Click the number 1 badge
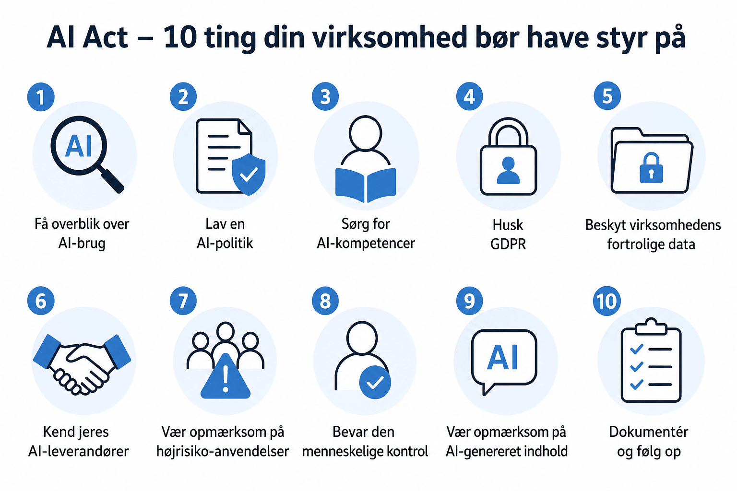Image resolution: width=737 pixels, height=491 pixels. point(41,97)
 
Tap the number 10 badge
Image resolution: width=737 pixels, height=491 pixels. point(606,301)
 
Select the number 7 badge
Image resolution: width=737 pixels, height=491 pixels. point(183,301)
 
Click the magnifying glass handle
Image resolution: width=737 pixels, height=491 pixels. point(111,179)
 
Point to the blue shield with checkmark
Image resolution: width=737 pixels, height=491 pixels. point(249,175)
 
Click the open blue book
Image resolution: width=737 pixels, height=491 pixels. point(366,185)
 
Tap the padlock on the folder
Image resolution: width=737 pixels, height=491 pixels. point(651,167)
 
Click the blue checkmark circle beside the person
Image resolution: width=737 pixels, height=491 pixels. point(375,383)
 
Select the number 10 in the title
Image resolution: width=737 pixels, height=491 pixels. point(180,37)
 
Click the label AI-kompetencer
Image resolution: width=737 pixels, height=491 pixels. point(366,244)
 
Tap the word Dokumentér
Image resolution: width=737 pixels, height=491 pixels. point(649,432)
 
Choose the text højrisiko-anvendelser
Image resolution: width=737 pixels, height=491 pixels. point(223,451)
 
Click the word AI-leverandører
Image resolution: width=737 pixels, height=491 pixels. point(78,451)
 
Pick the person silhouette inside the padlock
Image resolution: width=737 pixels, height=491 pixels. point(508,170)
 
